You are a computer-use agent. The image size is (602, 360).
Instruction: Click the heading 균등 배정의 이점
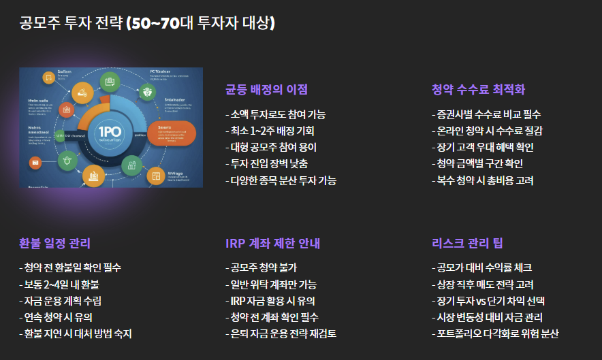click(266, 90)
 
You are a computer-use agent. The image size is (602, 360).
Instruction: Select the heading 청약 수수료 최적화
click(478, 90)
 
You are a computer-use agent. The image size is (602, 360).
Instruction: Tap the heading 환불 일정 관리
click(54, 244)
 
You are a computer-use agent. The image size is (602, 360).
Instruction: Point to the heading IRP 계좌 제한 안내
click(272, 244)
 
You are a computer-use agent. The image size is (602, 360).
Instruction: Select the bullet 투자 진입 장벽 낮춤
click(266, 164)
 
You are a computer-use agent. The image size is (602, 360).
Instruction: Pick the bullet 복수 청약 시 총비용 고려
click(482, 180)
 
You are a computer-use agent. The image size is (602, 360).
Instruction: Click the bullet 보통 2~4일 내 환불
click(59, 284)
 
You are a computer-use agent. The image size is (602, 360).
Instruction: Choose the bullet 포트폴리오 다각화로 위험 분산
click(495, 333)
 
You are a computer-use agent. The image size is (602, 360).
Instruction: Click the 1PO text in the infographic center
click(110, 131)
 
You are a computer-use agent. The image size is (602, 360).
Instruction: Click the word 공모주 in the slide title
click(38, 24)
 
